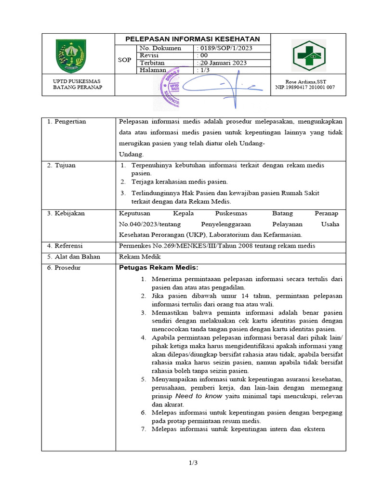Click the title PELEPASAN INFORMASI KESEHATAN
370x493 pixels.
[x=193, y=39]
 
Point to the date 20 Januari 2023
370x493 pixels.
[x=222, y=63]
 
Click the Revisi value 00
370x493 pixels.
[x=204, y=55]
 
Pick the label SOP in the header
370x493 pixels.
[x=124, y=60]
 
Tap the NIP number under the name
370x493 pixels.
[x=304, y=87]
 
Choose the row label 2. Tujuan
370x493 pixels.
[x=61, y=165]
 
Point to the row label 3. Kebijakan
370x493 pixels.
[x=66, y=213]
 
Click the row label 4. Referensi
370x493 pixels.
[x=66, y=246]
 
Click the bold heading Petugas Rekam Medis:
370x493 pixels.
[x=159, y=268]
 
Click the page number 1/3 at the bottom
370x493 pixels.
[x=193, y=463]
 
